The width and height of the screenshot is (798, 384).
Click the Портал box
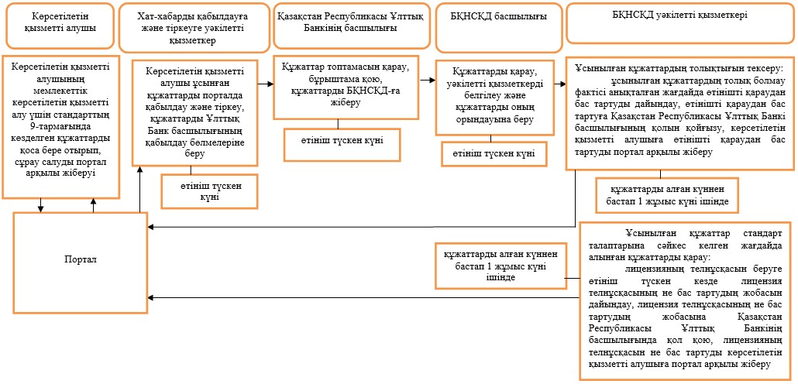(x=81, y=262)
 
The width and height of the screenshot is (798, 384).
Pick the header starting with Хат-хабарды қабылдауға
(x=195, y=27)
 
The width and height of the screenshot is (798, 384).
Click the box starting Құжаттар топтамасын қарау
(x=346, y=87)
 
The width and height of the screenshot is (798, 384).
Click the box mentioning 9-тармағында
(x=60, y=126)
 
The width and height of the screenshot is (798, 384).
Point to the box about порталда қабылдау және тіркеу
(x=195, y=113)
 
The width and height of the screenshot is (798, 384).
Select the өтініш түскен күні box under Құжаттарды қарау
(x=494, y=153)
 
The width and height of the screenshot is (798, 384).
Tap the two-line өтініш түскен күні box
(x=209, y=190)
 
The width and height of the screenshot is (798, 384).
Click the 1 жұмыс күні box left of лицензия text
(x=500, y=265)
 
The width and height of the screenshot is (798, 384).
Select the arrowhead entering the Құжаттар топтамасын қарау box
(x=270, y=84)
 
